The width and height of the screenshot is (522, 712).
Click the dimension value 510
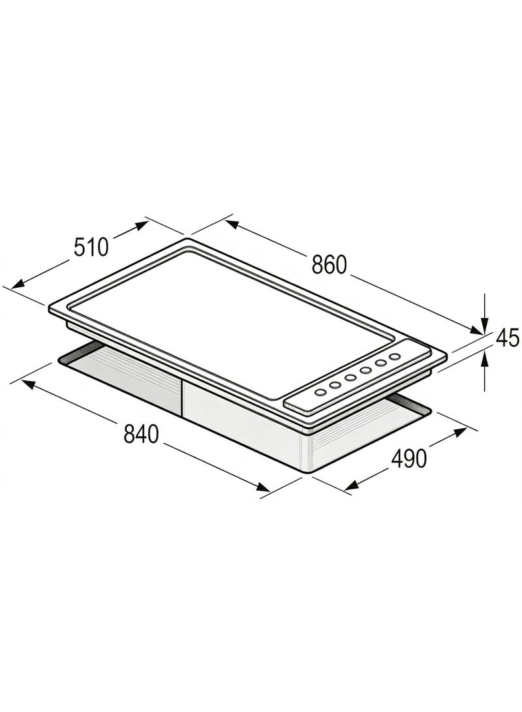pyautogui.click(x=92, y=247)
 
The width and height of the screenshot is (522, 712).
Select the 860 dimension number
pyautogui.click(x=329, y=265)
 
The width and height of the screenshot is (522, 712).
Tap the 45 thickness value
pyautogui.click(x=508, y=338)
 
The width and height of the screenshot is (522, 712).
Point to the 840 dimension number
pyautogui.click(x=141, y=434)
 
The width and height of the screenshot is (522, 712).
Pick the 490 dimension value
pyautogui.click(x=409, y=458)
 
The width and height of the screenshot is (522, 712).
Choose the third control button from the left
pyautogui.click(x=350, y=378)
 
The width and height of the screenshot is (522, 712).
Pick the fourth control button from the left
pyautogui.click(x=365, y=371)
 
